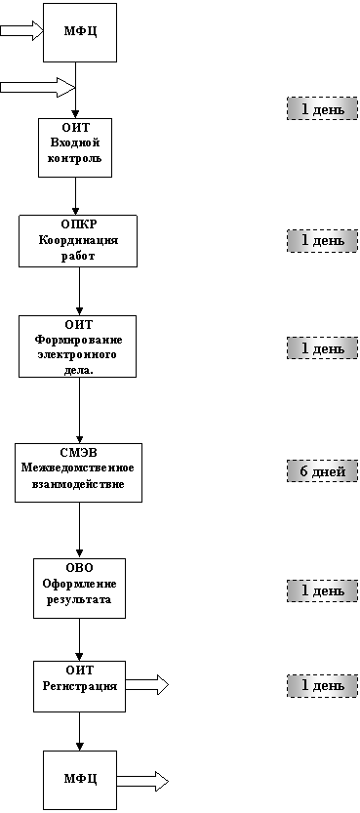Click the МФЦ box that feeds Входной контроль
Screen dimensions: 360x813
[x=80, y=32]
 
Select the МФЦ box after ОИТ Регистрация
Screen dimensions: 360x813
[x=80, y=779]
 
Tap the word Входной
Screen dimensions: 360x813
[x=75, y=142]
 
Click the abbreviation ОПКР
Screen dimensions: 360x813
[x=78, y=224]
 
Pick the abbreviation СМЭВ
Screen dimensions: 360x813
[x=78, y=453]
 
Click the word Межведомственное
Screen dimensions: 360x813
[x=78, y=468]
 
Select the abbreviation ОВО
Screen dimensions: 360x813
[x=79, y=568]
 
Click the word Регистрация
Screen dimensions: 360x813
[x=79, y=686]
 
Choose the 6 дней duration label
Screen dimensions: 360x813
[x=322, y=471]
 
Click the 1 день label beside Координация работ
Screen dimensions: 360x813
[x=322, y=241]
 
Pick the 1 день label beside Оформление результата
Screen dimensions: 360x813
[x=322, y=590]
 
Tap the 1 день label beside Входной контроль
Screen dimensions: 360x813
[x=322, y=109]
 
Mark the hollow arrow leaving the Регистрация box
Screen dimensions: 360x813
[x=147, y=685]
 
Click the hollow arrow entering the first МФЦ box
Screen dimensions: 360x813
[x=20, y=30]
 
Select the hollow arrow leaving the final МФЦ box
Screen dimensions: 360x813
[x=143, y=780]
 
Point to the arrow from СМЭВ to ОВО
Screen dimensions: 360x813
[x=79, y=530]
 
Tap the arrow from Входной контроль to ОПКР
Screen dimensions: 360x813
[x=76, y=196]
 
